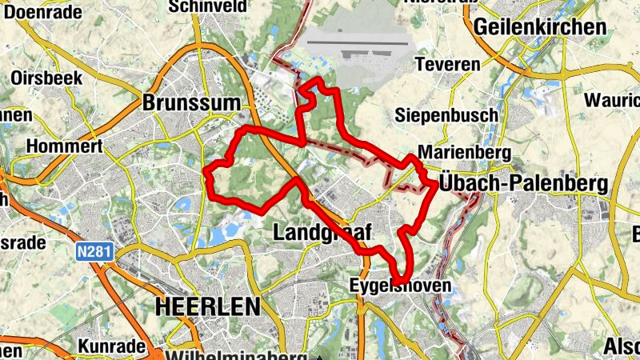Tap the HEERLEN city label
click(x=208, y=306)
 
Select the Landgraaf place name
click(x=323, y=233)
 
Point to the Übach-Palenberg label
click(x=523, y=184)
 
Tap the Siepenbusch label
click(x=446, y=115)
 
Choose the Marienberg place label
click(x=453, y=152)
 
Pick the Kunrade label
click(x=111, y=346)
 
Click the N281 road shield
click(x=95, y=252)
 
